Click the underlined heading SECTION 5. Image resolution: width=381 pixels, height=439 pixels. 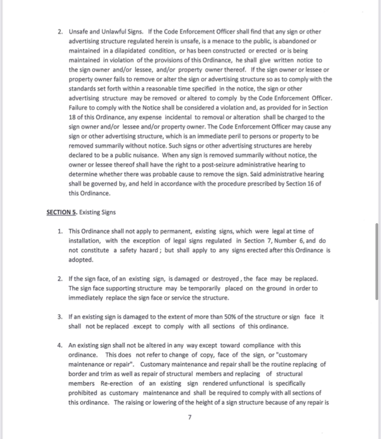point(62,212)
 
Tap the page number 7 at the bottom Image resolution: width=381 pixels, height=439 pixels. point(190,417)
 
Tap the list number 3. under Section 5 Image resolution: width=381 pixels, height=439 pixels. point(60,317)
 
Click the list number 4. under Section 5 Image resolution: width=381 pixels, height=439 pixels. point(60,345)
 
